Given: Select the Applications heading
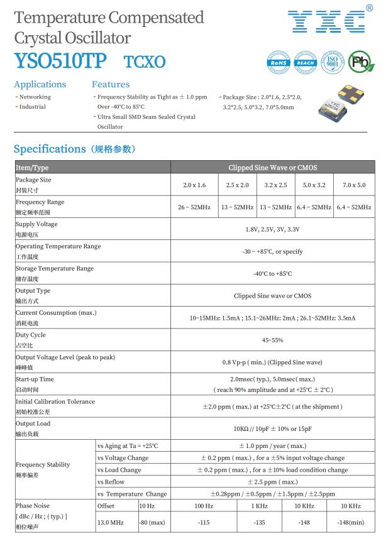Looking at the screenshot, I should point(40,84).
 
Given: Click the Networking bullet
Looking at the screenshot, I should point(34,97).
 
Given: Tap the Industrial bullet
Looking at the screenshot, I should point(31,107).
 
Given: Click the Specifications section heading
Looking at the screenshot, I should point(72,149).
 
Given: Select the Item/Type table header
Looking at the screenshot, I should point(32,168).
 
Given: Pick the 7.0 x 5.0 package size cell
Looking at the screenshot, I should point(353,185).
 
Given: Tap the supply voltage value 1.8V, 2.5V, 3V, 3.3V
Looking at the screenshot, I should point(272,229).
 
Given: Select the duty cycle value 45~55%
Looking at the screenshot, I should point(272,340).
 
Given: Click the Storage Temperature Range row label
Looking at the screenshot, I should point(55,269).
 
